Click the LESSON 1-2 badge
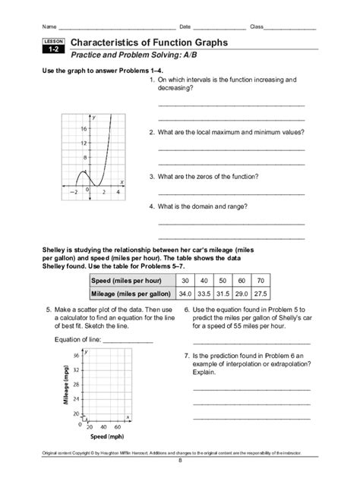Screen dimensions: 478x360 pos(53,47)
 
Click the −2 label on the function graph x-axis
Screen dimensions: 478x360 pos(74,193)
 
